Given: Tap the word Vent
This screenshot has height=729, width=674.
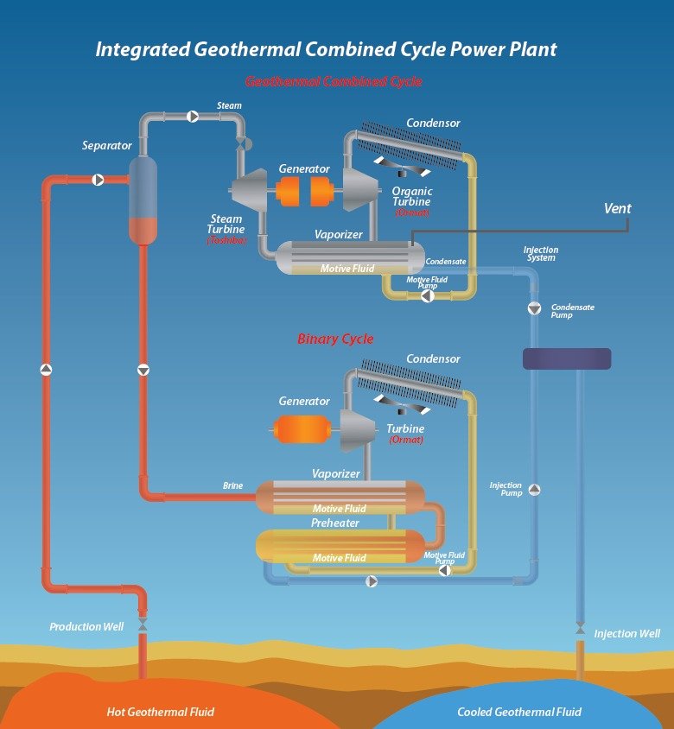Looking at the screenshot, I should [617, 208].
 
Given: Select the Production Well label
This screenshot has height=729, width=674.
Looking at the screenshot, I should [86, 626].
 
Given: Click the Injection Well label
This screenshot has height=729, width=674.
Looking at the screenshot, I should [626, 634].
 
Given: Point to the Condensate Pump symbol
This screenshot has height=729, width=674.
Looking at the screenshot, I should [534, 308].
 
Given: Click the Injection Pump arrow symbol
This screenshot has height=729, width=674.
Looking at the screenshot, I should [534, 490].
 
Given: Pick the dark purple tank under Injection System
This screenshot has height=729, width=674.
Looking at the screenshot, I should [567, 358].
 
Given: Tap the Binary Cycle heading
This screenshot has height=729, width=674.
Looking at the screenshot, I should [335, 339].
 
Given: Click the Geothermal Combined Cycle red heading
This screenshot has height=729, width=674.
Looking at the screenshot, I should [334, 82].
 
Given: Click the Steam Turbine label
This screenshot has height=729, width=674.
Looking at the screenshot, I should [226, 225].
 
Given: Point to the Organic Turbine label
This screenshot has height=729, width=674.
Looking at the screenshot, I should [412, 196].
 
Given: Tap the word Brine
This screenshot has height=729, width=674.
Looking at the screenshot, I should [232, 486].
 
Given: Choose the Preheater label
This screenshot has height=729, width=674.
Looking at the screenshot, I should [335, 523].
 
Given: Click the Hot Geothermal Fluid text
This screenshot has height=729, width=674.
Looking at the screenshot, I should [160, 713].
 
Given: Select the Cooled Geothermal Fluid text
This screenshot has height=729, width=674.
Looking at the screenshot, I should [518, 713].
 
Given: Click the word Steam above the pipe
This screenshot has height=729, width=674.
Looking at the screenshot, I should [229, 105].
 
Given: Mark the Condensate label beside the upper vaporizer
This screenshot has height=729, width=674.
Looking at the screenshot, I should [446, 261].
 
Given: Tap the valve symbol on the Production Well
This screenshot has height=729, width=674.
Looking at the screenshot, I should [143, 624].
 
